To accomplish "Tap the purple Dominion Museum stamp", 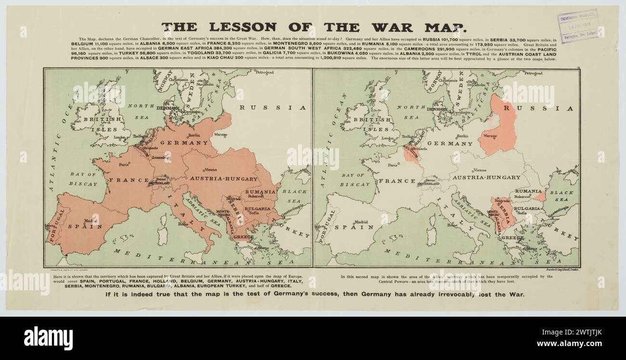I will coord(578,25).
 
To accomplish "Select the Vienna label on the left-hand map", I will coord(210,169).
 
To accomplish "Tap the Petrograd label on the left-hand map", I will coord(264,73).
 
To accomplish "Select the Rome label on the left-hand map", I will coord(183,224).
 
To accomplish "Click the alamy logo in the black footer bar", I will coord(48,337).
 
